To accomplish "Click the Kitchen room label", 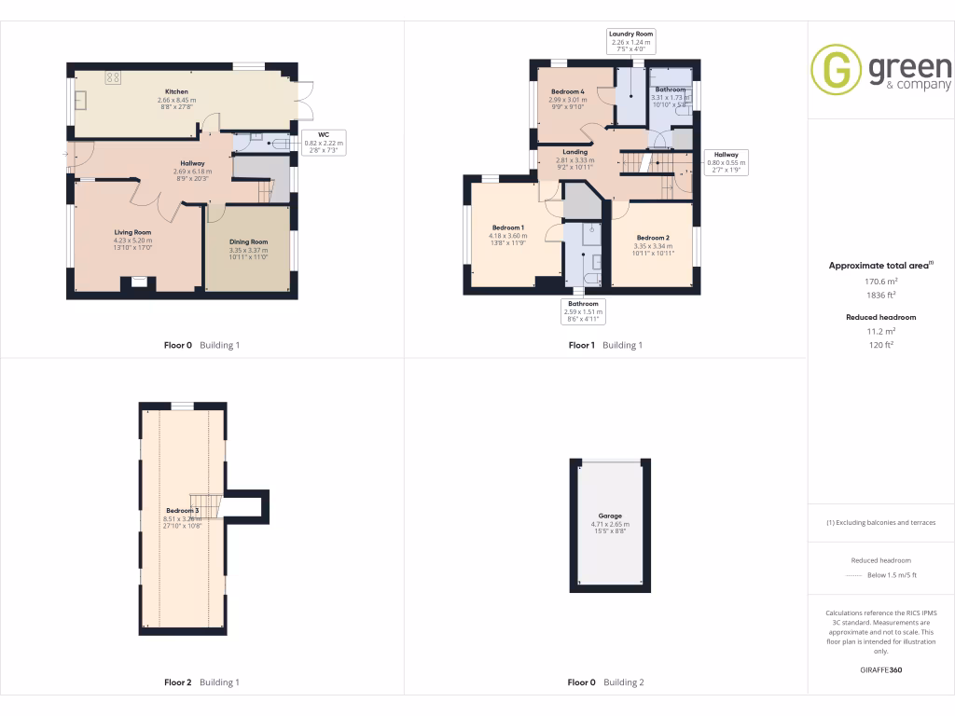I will (177, 92).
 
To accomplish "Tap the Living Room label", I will (133, 232).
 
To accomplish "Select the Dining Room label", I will (249, 242).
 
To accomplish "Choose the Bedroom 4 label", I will (567, 91).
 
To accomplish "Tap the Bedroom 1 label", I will (508, 228).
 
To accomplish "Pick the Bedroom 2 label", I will (653, 239).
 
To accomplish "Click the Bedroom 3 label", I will (183, 511).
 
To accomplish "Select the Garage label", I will (610, 516).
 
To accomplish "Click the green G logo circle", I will (836, 70).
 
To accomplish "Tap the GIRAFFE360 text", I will (880, 670).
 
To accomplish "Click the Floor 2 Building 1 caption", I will (201, 682).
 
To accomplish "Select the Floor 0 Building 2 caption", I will (606, 682).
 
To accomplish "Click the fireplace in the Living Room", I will (138, 282).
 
